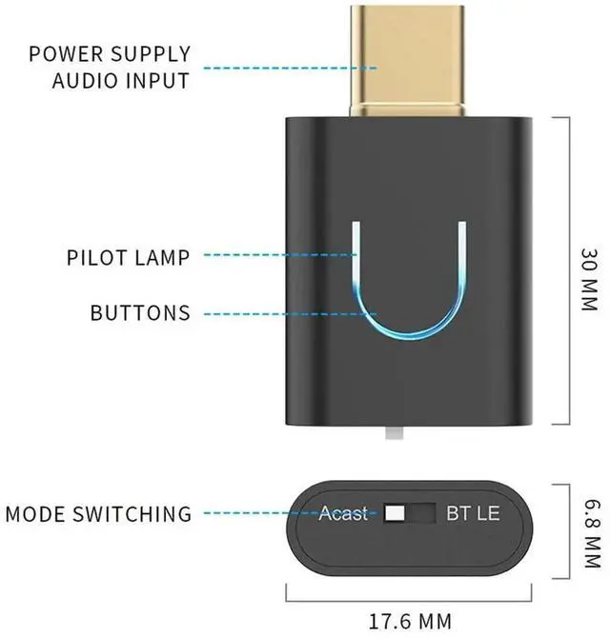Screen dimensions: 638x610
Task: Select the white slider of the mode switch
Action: coord(396,513)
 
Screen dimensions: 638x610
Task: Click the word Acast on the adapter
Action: coord(343,513)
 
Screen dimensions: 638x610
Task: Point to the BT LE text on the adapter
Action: coord(473,513)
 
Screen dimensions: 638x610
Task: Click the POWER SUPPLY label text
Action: coord(110,53)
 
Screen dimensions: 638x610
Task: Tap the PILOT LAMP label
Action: coord(129,256)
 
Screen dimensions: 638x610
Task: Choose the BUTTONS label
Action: coord(140,312)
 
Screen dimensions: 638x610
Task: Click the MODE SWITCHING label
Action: coord(98,514)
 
